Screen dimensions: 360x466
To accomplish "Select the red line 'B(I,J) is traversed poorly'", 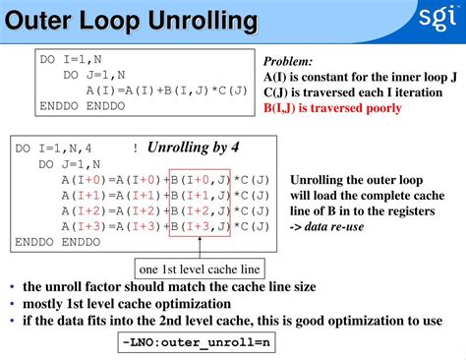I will [x=332, y=107].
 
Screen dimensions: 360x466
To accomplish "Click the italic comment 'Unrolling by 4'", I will [x=193, y=149].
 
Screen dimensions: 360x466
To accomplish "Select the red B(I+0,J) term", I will [x=201, y=180].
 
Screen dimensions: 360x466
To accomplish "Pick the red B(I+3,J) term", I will [x=201, y=226].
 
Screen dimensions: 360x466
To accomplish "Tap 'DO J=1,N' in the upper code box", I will [x=94, y=74].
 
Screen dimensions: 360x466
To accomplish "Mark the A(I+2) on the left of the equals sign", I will [x=83, y=210].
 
